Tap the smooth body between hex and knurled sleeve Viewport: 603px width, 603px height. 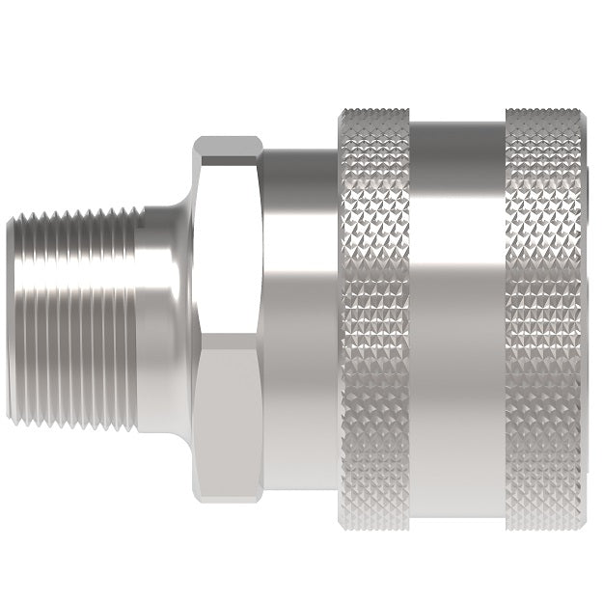click(x=299, y=318)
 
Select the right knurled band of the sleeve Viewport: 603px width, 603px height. click(x=543, y=318)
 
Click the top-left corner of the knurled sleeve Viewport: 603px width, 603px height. click(x=341, y=111)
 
